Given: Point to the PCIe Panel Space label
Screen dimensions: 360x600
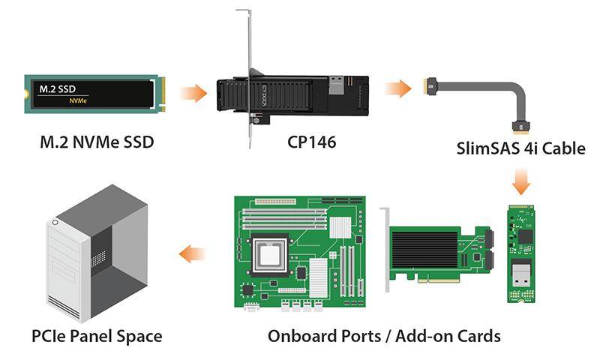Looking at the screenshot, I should pos(97,335).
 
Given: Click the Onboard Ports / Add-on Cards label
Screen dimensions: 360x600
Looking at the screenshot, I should pos(384,335).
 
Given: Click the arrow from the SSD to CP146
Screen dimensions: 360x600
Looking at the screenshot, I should pos(193,94).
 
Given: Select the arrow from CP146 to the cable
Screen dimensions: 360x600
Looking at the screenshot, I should pos(398,89).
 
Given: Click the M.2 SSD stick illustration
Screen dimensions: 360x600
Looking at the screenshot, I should pos(94,94).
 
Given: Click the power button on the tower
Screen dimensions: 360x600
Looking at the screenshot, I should pos(54,223).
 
